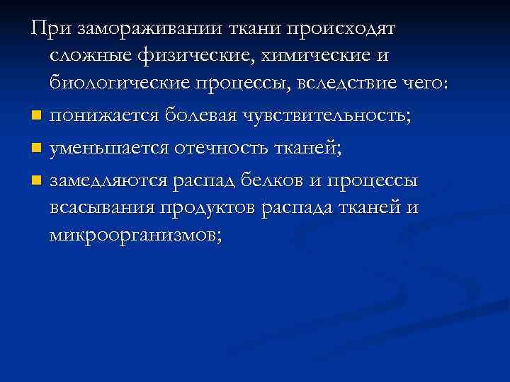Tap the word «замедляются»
tap(107, 180)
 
